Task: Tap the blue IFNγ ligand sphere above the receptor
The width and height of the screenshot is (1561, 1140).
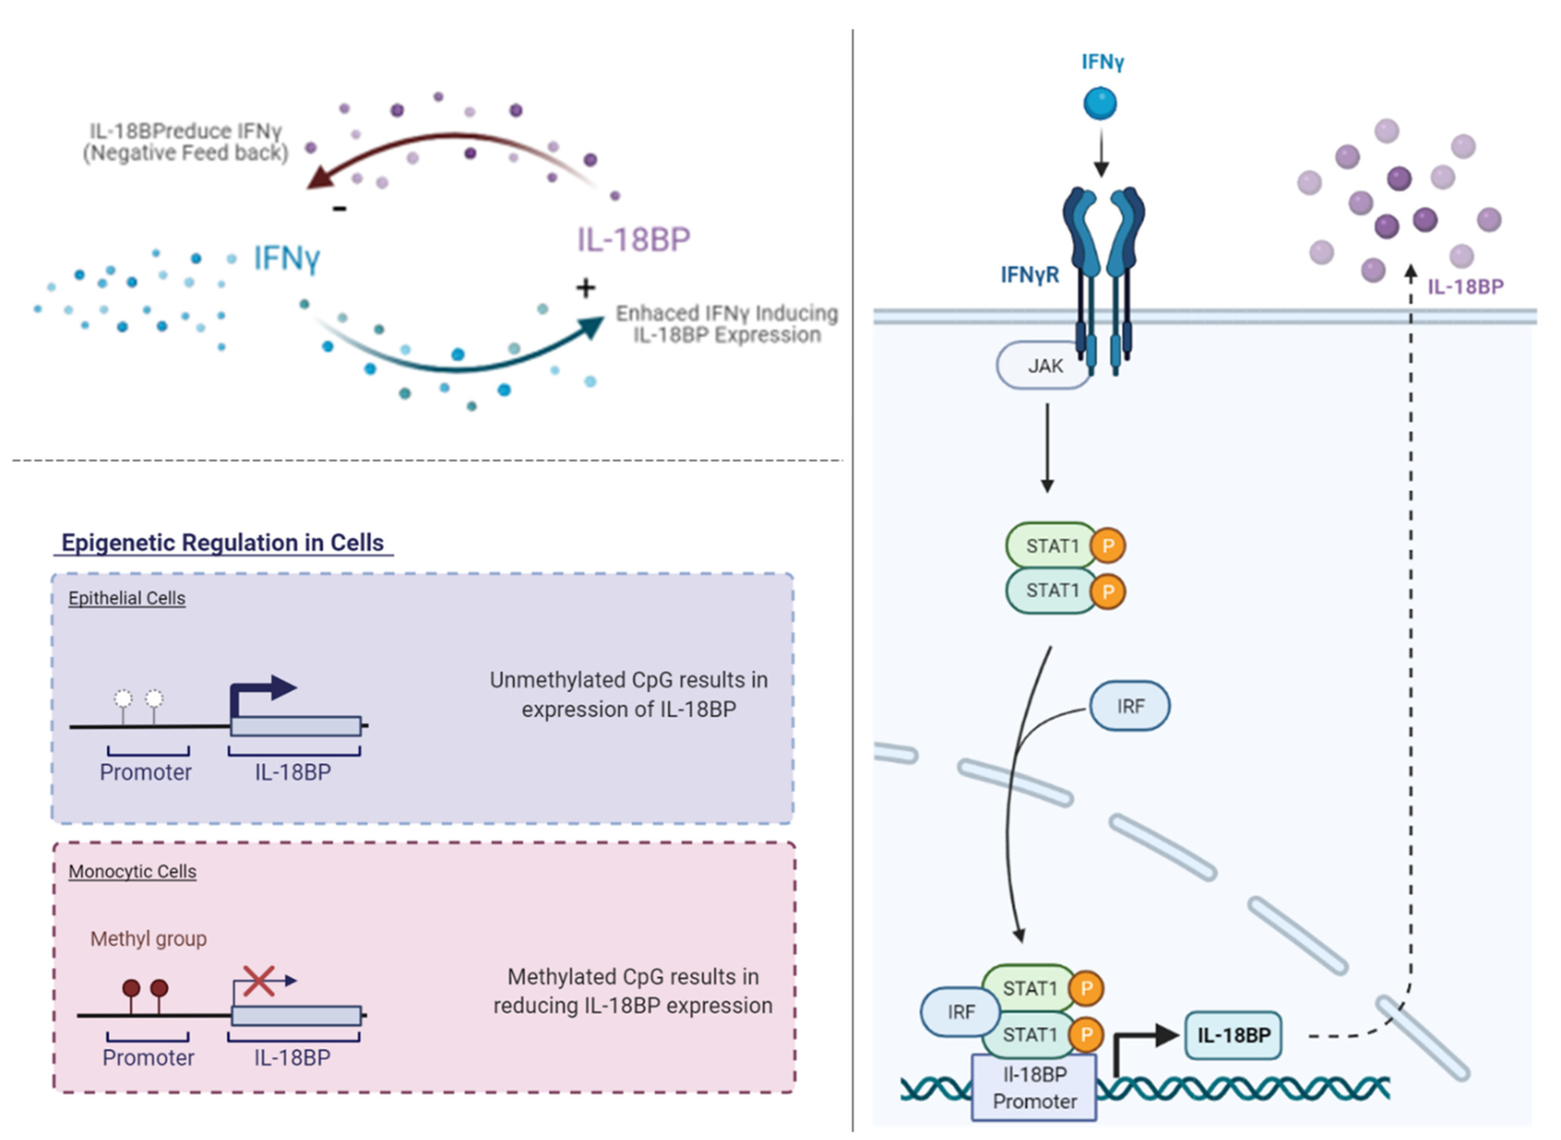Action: pyautogui.click(x=1100, y=103)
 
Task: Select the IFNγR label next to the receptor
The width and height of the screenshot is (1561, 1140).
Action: pyautogui.click(x=1030, y=275)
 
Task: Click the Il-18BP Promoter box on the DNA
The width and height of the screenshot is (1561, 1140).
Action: pyautogui.click(x=1034, y=1088)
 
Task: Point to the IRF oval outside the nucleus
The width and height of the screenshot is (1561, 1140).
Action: pyautogui.click(x=1130, y=706)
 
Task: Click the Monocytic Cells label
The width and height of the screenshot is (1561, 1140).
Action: pyautogui.click(x=133, y=871)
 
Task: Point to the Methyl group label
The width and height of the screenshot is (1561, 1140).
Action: pyautogui.click(x=149, y=939)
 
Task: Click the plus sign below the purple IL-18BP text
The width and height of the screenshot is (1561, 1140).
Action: pyautogui.click(x=585, y=288)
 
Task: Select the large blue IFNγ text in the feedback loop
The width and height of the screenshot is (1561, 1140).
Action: pyautogui.click(x=286, y=258)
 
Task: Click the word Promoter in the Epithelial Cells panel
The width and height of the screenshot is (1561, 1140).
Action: pyautogui.click(x=146, y=772)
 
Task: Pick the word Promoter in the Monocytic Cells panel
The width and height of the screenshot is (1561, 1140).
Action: pyautogui.click(x=149, y=1058)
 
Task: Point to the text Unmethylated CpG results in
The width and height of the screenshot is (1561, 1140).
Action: pyautogui.click(x=629, y=680)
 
